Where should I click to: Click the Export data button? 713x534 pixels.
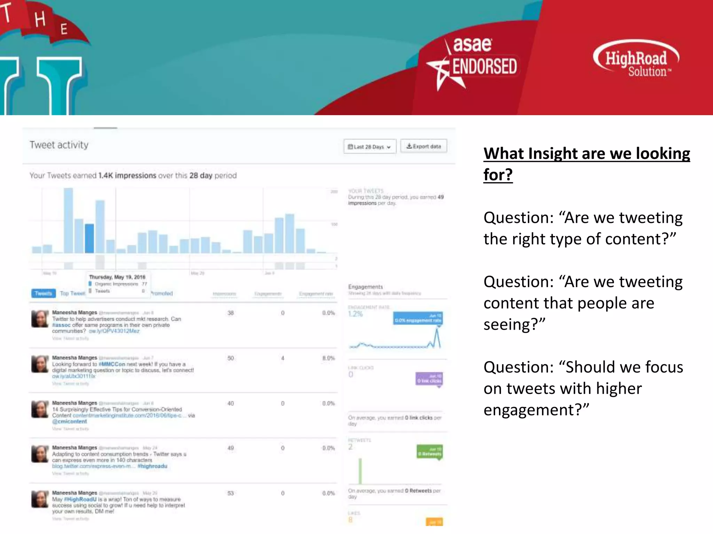coord(424,146)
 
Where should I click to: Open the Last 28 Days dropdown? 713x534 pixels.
coord(370,147)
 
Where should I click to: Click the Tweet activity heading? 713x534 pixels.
coord(59,145)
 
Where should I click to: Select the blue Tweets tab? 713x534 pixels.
coord(43,293)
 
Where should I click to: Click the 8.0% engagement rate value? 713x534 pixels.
coord(328,358)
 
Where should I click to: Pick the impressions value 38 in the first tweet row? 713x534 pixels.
coord(230,313)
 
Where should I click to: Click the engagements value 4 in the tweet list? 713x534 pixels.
coord(283,358)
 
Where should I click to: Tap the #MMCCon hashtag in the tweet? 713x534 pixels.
coord(112,364)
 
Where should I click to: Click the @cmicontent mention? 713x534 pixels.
coord(69,421)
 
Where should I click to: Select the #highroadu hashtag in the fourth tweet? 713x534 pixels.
coord(152,466)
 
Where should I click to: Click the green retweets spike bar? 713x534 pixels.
coord(360,471)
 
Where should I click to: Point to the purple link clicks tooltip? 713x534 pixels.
coord(429,379)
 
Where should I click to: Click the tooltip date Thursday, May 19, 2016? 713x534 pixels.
coord(117,277)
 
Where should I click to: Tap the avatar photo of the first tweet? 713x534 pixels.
coord(40,319)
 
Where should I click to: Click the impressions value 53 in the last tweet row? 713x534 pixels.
coord(230,493)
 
